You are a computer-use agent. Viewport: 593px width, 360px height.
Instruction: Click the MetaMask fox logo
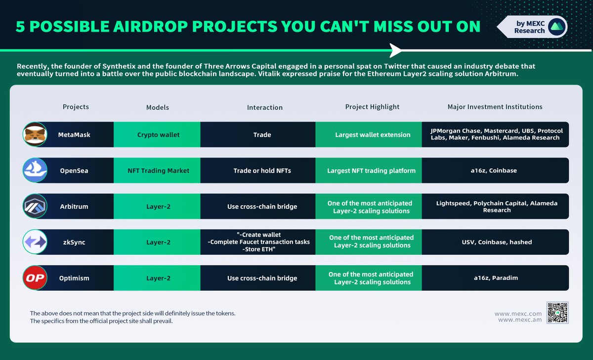coord(35,135)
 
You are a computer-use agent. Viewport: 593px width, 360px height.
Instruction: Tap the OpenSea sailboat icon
coord(35,171)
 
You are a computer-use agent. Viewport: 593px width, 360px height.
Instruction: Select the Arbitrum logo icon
coord(35,206)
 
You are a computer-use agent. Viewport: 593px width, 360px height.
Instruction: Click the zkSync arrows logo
coord(35,242)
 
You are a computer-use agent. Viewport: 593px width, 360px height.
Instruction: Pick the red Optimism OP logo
coord(35,278)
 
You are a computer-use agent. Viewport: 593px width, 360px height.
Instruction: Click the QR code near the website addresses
coord(557,313)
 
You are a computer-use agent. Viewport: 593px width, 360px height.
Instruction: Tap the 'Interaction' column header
coord(265,107)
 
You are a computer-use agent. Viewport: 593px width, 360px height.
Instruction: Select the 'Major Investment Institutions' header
coord(495,107)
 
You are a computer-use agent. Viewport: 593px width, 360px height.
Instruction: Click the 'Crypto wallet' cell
coord(158,135)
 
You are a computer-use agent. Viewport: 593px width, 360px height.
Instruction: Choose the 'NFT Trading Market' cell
coord(158,171)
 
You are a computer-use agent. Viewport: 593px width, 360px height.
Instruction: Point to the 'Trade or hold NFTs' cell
coord(262,171)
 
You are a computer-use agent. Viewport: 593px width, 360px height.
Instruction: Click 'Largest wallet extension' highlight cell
coord(372,135)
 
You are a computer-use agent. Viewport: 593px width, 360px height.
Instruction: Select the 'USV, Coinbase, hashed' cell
coord(495,242)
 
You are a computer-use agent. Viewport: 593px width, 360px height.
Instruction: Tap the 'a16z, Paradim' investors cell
coord(495,278)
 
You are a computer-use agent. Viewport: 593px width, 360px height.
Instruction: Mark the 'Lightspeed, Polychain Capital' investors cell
coord(495,206)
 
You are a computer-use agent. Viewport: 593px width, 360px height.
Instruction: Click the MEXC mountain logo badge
coord(556,26)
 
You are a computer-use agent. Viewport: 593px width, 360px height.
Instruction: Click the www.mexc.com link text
coord(517,314)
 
